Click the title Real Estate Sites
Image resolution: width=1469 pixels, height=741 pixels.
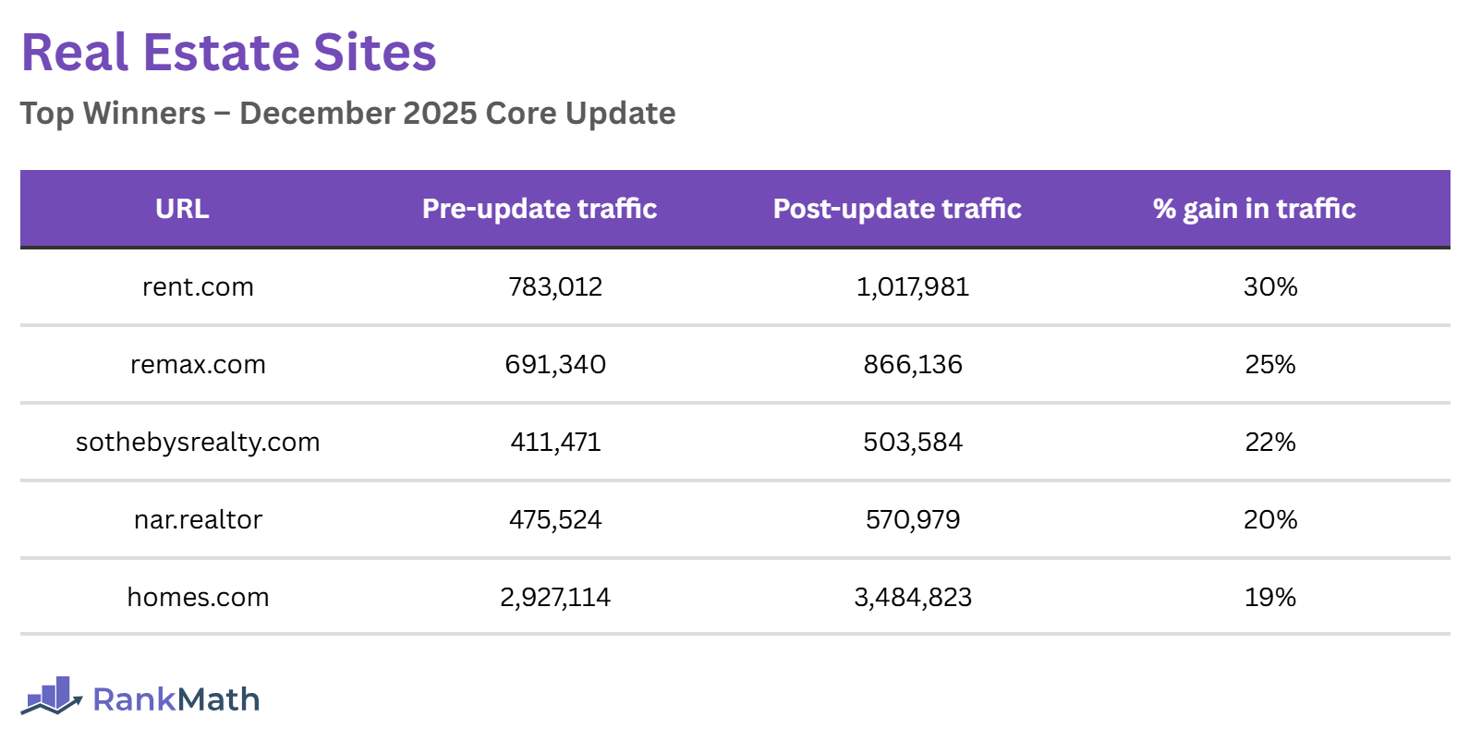(228, 53)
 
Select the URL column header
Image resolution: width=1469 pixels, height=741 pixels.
(182, 209)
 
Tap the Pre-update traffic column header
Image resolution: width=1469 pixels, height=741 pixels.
(540, 209)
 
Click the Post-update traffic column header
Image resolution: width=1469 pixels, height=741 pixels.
(897, 209)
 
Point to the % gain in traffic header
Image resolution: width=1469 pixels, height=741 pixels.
(1254, 209)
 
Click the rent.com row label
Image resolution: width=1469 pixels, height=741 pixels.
(198, 287)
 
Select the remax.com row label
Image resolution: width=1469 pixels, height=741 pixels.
(198, 365)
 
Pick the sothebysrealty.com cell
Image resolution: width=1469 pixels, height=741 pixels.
(198, 443)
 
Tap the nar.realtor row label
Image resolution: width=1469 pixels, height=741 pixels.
(198, 520)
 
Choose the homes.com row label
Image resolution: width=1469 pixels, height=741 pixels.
(198, 598)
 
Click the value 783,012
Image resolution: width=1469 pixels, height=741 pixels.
(555, 287)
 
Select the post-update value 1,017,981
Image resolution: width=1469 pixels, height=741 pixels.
(913, 287)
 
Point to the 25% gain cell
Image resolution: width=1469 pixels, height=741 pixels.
(1270, 365)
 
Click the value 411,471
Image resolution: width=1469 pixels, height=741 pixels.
(555, 443)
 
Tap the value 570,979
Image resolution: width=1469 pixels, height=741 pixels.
(913, 520)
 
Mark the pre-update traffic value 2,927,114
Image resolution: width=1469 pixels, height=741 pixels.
(555, 598)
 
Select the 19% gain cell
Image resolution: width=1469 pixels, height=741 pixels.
(1270, 598)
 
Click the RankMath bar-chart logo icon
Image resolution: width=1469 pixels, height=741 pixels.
(52, 696)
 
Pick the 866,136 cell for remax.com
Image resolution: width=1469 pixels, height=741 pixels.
(913, 365)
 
